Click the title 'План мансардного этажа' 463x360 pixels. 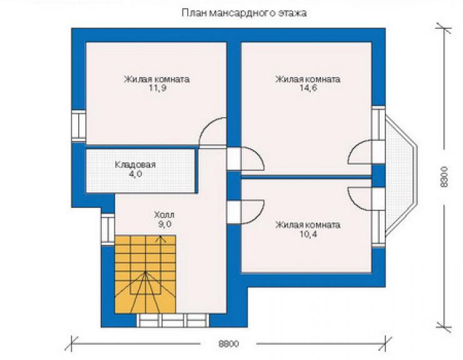click(244, 13)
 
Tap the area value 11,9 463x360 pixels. click(158, 88)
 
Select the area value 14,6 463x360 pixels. click(308, 88)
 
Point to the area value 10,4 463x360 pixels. click(308, 234)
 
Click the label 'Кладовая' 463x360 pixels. click(135, 165)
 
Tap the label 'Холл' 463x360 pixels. click(164, 215)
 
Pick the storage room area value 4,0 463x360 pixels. click(135, 174)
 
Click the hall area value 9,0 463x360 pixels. click(165, 224)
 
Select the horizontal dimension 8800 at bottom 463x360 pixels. click(228, 344)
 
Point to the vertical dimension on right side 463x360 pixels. click(444, 177)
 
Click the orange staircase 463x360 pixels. click(145, 274)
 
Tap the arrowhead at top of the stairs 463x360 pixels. click(161, 239)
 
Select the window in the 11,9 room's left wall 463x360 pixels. click(79, 125)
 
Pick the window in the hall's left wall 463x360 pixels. click(108, 229)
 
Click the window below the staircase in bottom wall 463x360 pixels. click(174, 321)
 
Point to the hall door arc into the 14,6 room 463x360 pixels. click(257, 155)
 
